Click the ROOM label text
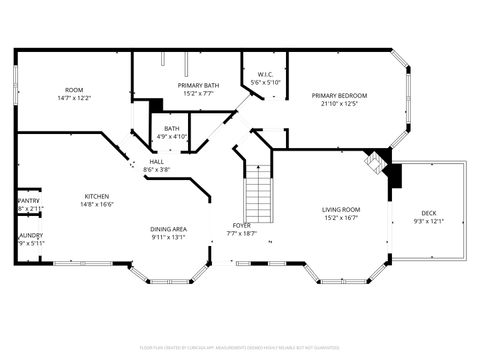pyautogui.click(x=74, y=90)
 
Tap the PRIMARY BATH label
pyautogui.click(x=198, y=85)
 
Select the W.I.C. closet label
pyautogui.click(x=265, y=74)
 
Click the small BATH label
pyautogui.click(x=172, y=128)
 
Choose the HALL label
pyautogui.click(x=157, y=162)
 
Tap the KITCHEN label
pyautogui.click(x=97, y=196)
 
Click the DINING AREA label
pyautogui.click(x=169, y=229)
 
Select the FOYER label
pyautogui.click(x=242, y=225)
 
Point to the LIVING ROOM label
pyautogui.click(x=341, y=209)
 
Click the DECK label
pyautogui.click(x=428, y=212)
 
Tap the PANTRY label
pyautogui.click(x=29, y=200)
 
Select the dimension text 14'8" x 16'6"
pyautogui.click(x=97, y=204)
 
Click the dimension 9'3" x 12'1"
pyautogui.click(x=428, y=220)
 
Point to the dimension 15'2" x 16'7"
pyautogui.click(x=341, y=217)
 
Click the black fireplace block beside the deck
pyautogui.click(x=392, y=175)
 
